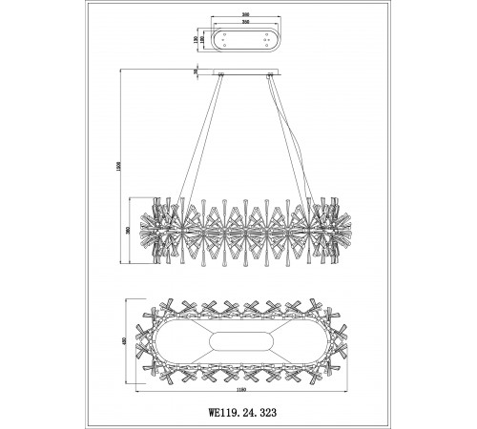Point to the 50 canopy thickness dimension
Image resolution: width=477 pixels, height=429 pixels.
196,70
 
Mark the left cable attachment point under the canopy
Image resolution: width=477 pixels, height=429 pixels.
221,76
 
